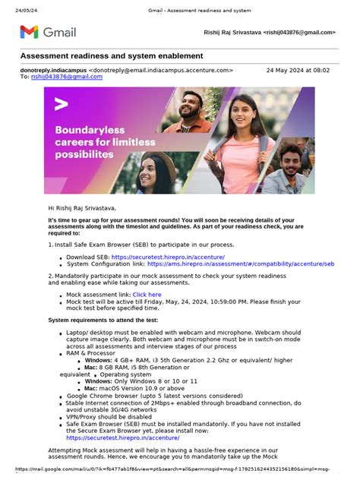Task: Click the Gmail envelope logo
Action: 29,32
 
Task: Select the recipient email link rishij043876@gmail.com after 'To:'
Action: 67,77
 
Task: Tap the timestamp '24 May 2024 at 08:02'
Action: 298,70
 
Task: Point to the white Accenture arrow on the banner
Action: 62,104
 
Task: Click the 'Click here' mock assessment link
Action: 147,294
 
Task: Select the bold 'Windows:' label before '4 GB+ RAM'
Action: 99,359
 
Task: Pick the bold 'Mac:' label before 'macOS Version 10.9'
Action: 90,387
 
